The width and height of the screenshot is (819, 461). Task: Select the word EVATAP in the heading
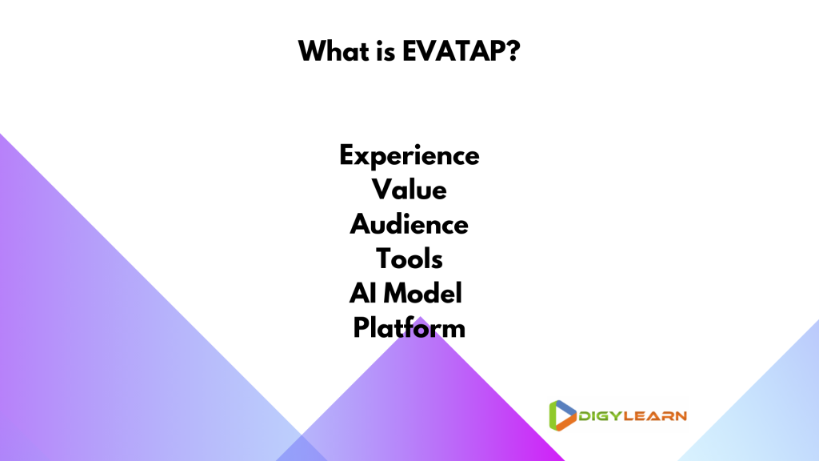(x=454, y=51)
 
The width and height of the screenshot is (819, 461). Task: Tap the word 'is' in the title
(x=386, y=52)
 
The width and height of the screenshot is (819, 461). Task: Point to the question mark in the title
(x=513, y=51)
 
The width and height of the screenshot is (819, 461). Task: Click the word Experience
(x=409, y=156)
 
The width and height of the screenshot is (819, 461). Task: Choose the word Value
(x=409, y=189)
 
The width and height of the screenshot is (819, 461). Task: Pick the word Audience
(x=409, y=224)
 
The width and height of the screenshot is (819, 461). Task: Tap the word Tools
(x=409, y=259)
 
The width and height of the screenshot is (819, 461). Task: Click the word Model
(x=423, y=293)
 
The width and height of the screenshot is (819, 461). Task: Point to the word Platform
(x=409, y=327)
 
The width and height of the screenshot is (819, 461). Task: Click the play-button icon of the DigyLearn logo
(x=562, y=415)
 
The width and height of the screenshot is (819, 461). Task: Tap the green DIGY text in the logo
(x=601, y=416)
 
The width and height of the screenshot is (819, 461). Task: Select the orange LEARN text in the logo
(x=656, y=416)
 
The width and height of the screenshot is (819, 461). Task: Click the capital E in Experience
(x=348, y=154)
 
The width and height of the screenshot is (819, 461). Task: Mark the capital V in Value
(x=383, y=189)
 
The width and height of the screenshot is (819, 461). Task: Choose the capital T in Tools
(x=385, y=259)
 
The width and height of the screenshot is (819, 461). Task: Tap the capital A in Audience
(x=361, y=224)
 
